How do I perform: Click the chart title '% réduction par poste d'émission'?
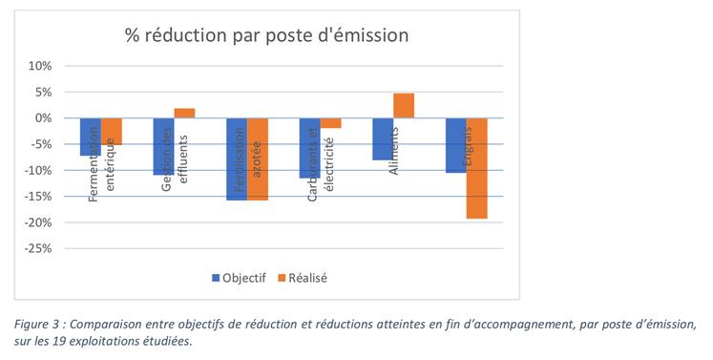(x=266, y=35)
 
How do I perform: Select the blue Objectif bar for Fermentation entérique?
(x=91, y=136)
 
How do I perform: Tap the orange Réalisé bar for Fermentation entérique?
(x=112, y=131)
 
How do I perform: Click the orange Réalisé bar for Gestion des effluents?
(x=184, y=113)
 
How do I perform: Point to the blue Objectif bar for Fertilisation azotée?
(x=236, y=159)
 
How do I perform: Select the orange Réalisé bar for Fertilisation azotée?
(x=258, y=159)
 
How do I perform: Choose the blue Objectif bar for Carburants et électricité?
(x=309, y=147)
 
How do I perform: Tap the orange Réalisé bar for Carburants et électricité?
(x=330, y=122)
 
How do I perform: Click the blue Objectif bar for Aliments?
(x=382, y=138)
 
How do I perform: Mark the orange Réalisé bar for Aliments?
(x=404, y=105)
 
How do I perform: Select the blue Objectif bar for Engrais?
(x=455, y=144)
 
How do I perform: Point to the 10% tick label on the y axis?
(x=40, y=66)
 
